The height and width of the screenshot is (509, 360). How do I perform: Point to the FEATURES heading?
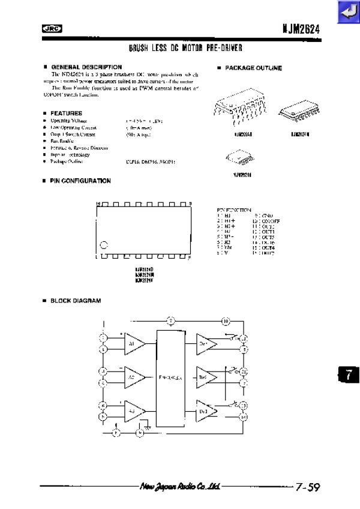coord(66,113)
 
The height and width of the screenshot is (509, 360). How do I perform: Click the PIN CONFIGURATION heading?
coord(80,181)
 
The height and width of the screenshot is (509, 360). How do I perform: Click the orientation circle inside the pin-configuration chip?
coord(104,245)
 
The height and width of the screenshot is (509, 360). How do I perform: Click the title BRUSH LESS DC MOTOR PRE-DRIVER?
coord(181,47)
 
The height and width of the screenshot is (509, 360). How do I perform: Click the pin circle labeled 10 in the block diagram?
coord(225,321)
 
